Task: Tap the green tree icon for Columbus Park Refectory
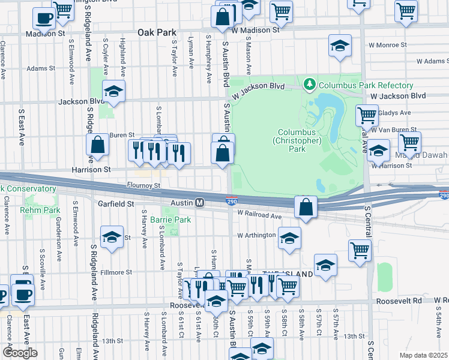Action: tap(310, 85)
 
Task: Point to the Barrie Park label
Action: tap(170, 220)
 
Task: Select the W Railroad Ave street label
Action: tap(259, 215)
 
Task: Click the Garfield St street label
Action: tap(116, 204)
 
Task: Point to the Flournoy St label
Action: tap(143, 186)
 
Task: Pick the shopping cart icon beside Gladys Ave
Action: tap(367, 115)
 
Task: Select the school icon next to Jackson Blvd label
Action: tap(113, 91)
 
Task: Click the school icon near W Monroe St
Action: tap(339, 46)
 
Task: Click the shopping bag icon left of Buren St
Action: tap(97, 144)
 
